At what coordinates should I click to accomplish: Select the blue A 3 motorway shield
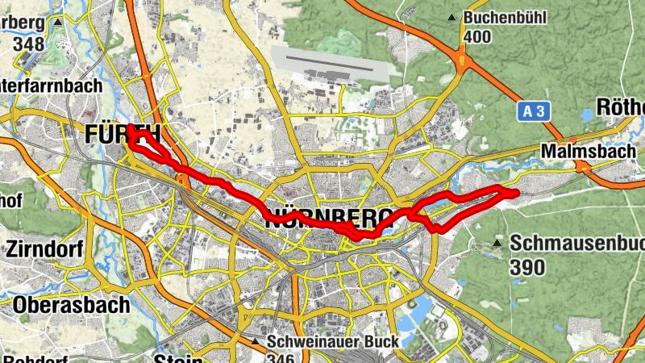click(534, 111)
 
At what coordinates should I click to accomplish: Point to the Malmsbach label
click(588, 151)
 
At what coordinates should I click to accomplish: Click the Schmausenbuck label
click(577, 243)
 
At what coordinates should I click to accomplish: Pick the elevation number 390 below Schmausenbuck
click(529, 267)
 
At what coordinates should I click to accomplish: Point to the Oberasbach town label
click(71, 305)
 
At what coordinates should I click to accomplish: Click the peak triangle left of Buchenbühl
click(454, 17)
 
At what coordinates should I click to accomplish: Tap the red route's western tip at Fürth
click(130, 128)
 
